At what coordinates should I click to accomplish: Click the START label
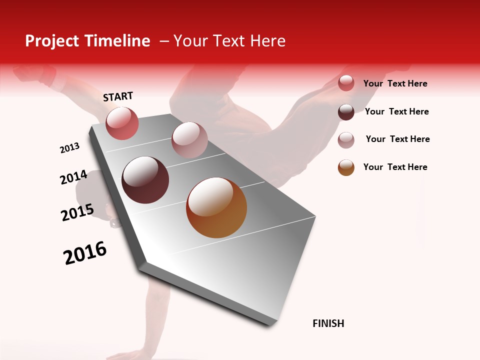click(x=118, y=96)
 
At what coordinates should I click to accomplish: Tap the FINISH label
click(x=328, y=323)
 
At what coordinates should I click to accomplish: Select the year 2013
click(x=69, y=148)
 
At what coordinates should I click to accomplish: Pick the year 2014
click(x=73, y=177)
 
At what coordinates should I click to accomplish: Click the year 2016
click(x=85, y=253)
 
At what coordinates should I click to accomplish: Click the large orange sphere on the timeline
click(x=216, y=207)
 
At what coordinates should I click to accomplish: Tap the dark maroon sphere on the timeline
click(x=145, y=180)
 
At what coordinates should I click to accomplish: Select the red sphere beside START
click(x=122, y=123)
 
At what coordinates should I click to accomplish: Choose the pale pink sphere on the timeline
click(x=189, y=140)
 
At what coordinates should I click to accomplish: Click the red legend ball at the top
click(x=346, y=83)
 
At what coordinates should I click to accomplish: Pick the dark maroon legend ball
click(x=346, y=112)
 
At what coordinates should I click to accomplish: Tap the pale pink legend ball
click(x=346, y=140)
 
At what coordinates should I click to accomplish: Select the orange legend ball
click(x=346, y=167)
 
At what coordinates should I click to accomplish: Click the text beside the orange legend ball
click(x=395, y=167)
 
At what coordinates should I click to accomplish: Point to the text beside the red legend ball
click(x=395, y=83)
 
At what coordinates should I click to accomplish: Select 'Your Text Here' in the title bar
click(x=229, y=41)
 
